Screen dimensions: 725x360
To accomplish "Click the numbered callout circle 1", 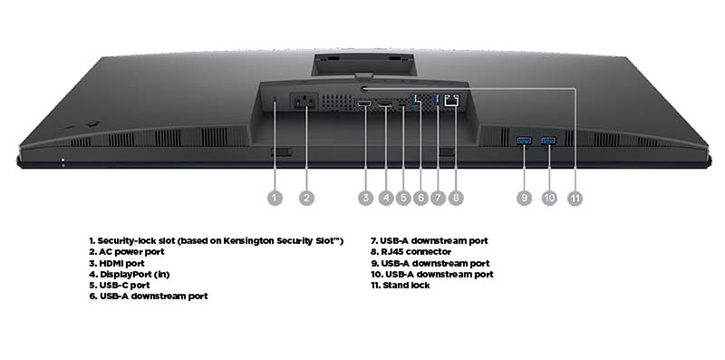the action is (275, 198).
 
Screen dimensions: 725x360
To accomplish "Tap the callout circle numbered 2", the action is (306, 198).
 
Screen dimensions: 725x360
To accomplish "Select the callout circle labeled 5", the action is (403, 198).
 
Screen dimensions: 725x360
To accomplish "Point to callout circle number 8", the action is (456, 198).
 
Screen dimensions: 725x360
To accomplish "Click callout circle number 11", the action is (575, 198).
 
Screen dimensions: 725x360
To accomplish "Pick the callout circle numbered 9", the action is (524, 198).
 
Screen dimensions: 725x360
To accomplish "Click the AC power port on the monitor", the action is (304, 102).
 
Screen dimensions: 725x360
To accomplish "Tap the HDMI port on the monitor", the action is (364, 102).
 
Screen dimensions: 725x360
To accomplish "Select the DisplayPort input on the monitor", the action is (384, 103).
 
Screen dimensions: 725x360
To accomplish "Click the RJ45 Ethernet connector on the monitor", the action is (451, 101).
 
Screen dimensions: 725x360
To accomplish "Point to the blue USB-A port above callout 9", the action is (524, 141).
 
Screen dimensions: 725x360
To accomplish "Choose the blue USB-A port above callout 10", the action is (549, 141).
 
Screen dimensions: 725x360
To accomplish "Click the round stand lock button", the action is (364, 88).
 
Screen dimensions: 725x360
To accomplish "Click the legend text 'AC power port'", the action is (131, 252).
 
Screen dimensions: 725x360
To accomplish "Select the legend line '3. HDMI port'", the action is (117, 263).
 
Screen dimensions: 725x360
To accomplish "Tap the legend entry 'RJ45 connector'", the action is (416, 252).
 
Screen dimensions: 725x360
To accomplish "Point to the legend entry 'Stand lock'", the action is (406, 286).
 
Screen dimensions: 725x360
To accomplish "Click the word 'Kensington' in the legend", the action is (248, 241).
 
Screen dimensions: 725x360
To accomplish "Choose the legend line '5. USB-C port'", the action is (120, 286).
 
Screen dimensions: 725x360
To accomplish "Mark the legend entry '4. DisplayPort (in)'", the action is (130, 275).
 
